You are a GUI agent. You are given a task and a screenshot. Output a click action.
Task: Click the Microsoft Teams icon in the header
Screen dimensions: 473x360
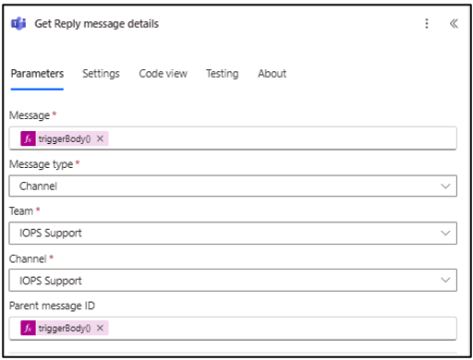coord(18,23)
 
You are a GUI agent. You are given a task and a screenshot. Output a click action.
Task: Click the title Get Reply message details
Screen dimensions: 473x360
coord(97,24)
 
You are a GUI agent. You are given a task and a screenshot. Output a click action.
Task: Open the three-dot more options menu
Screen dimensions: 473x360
coord(427,23)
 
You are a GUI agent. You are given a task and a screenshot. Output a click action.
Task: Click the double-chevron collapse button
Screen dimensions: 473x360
coord(454,23)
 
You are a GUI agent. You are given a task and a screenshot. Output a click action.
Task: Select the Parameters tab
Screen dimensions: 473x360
coord(37,74)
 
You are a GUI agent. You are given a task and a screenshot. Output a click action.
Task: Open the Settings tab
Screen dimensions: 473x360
coord(101,74)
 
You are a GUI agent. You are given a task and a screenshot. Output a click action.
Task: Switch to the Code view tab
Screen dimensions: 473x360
coord(163,74)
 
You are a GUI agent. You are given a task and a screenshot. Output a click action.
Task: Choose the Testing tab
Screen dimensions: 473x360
coord(223,74)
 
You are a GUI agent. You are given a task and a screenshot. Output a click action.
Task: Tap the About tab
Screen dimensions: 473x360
coord(273,74)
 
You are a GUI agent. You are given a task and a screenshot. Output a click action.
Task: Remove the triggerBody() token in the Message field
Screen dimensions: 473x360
coord(100,138)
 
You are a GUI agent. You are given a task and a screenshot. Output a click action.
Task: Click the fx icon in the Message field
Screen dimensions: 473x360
coord(28,138)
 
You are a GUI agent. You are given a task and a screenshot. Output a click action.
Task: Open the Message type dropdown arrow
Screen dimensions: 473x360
coord(445,186)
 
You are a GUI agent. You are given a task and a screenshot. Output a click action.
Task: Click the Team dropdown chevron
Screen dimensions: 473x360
coord(445,233)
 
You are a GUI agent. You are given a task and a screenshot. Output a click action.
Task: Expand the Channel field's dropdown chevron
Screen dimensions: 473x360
coord(445,280)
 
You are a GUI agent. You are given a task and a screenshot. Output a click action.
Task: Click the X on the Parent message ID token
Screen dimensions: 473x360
coord(100,328)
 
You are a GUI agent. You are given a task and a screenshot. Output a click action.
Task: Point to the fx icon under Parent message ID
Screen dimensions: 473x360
coord(28,328)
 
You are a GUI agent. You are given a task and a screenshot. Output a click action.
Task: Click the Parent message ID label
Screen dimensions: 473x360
coord(52,306)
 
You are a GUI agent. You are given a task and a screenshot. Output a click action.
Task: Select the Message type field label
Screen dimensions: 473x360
coord(42,164)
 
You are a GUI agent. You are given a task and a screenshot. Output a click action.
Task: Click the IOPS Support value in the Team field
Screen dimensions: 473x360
coord(51,233)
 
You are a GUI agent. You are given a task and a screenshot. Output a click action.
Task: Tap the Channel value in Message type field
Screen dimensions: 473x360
coord(38,186)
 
